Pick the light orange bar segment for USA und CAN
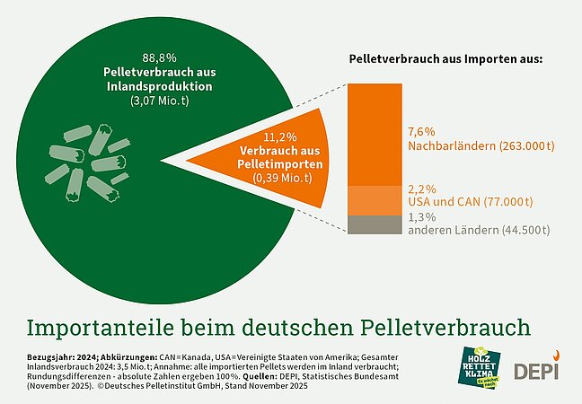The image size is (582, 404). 369,199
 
